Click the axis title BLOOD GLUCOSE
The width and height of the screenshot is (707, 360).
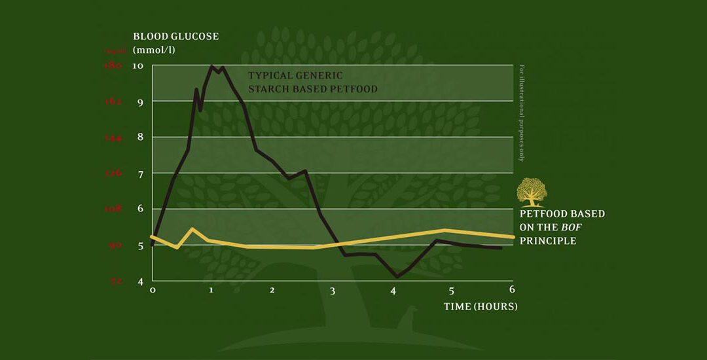[x=175, y=36]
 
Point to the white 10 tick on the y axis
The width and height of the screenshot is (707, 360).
[x=138, y=65]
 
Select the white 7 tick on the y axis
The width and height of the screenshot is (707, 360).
[x=138, y=173]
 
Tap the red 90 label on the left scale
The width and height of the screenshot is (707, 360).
[x=116, y=245]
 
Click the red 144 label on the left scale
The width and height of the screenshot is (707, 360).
[x=114, y=137]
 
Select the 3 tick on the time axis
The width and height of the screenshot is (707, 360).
[x=332, y=291]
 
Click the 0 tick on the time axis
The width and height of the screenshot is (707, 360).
[x=153, y=290]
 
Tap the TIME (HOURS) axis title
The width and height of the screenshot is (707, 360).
[x=480, y=306]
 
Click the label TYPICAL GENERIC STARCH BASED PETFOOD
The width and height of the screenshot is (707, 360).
[x=312, y=82]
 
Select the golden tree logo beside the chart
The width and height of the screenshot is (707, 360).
[x=531, y=192]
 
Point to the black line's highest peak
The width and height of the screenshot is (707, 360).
[x=211, y=65]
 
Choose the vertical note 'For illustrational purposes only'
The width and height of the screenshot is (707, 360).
[x=522, y=112]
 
